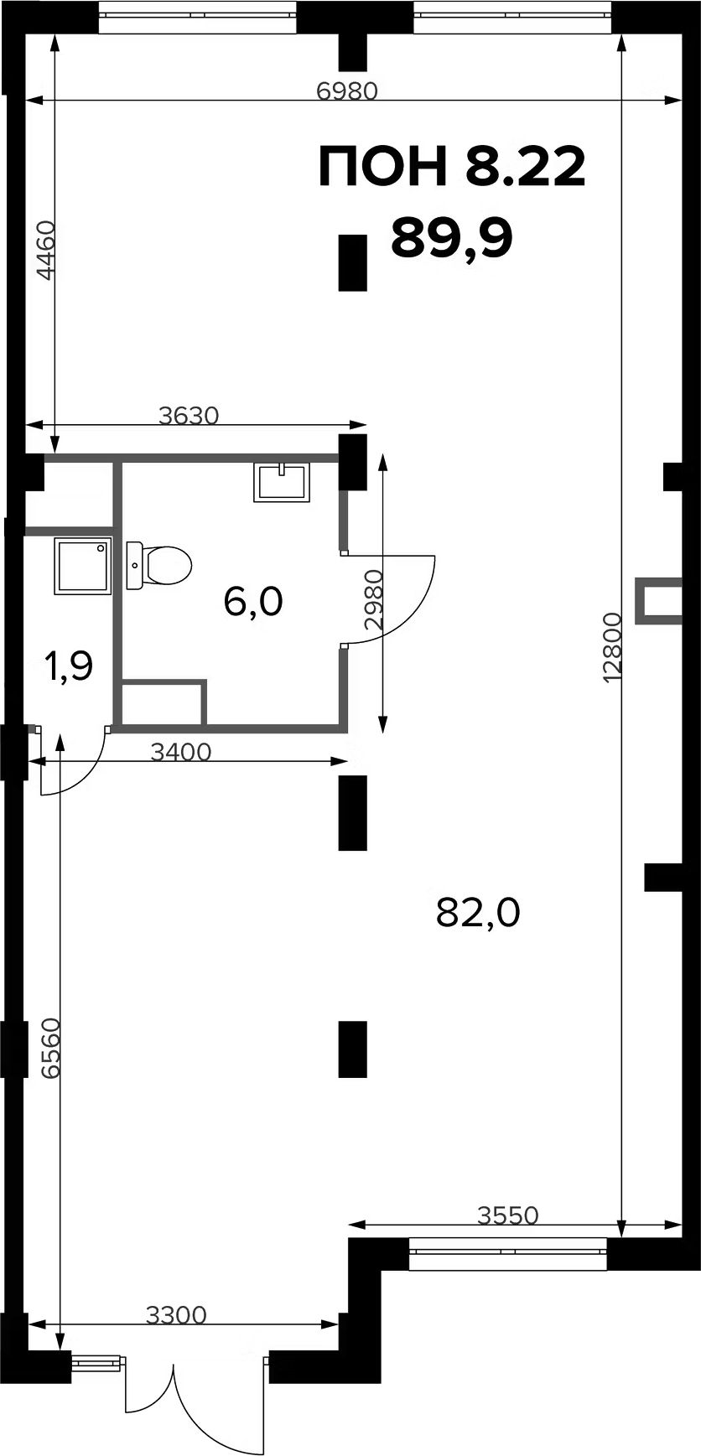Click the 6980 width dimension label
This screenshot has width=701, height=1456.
[347, 91]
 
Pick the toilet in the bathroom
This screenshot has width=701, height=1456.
[159, 564]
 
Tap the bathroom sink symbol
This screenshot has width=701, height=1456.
[283, 482]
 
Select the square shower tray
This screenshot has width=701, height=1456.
[82, 566]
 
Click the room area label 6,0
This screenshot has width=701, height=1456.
[254, 601]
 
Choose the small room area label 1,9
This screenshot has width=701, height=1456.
[69, 667]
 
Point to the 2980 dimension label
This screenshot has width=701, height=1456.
[373, 599]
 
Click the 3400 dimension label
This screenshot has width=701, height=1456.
[180, 752]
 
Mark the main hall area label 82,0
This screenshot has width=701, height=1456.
[479, 912]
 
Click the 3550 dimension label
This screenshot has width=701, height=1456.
[507, 1215]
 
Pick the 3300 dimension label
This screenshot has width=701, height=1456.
[176, 1315]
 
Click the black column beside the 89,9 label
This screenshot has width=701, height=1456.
[353, 263]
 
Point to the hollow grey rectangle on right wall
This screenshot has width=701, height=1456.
[657, 601]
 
